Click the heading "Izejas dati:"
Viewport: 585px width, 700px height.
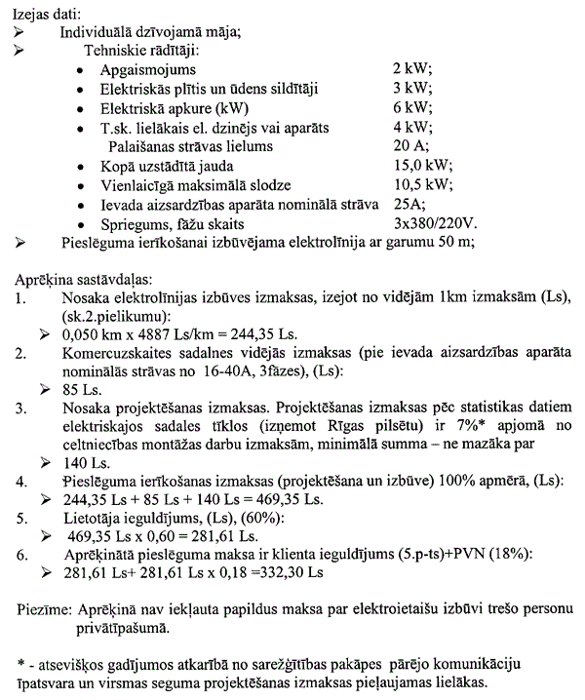[x=47, y=11]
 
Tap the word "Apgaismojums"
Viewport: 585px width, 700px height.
[x=147, y=69]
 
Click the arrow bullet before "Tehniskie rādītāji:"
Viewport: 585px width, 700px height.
[x=21, y=49]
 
